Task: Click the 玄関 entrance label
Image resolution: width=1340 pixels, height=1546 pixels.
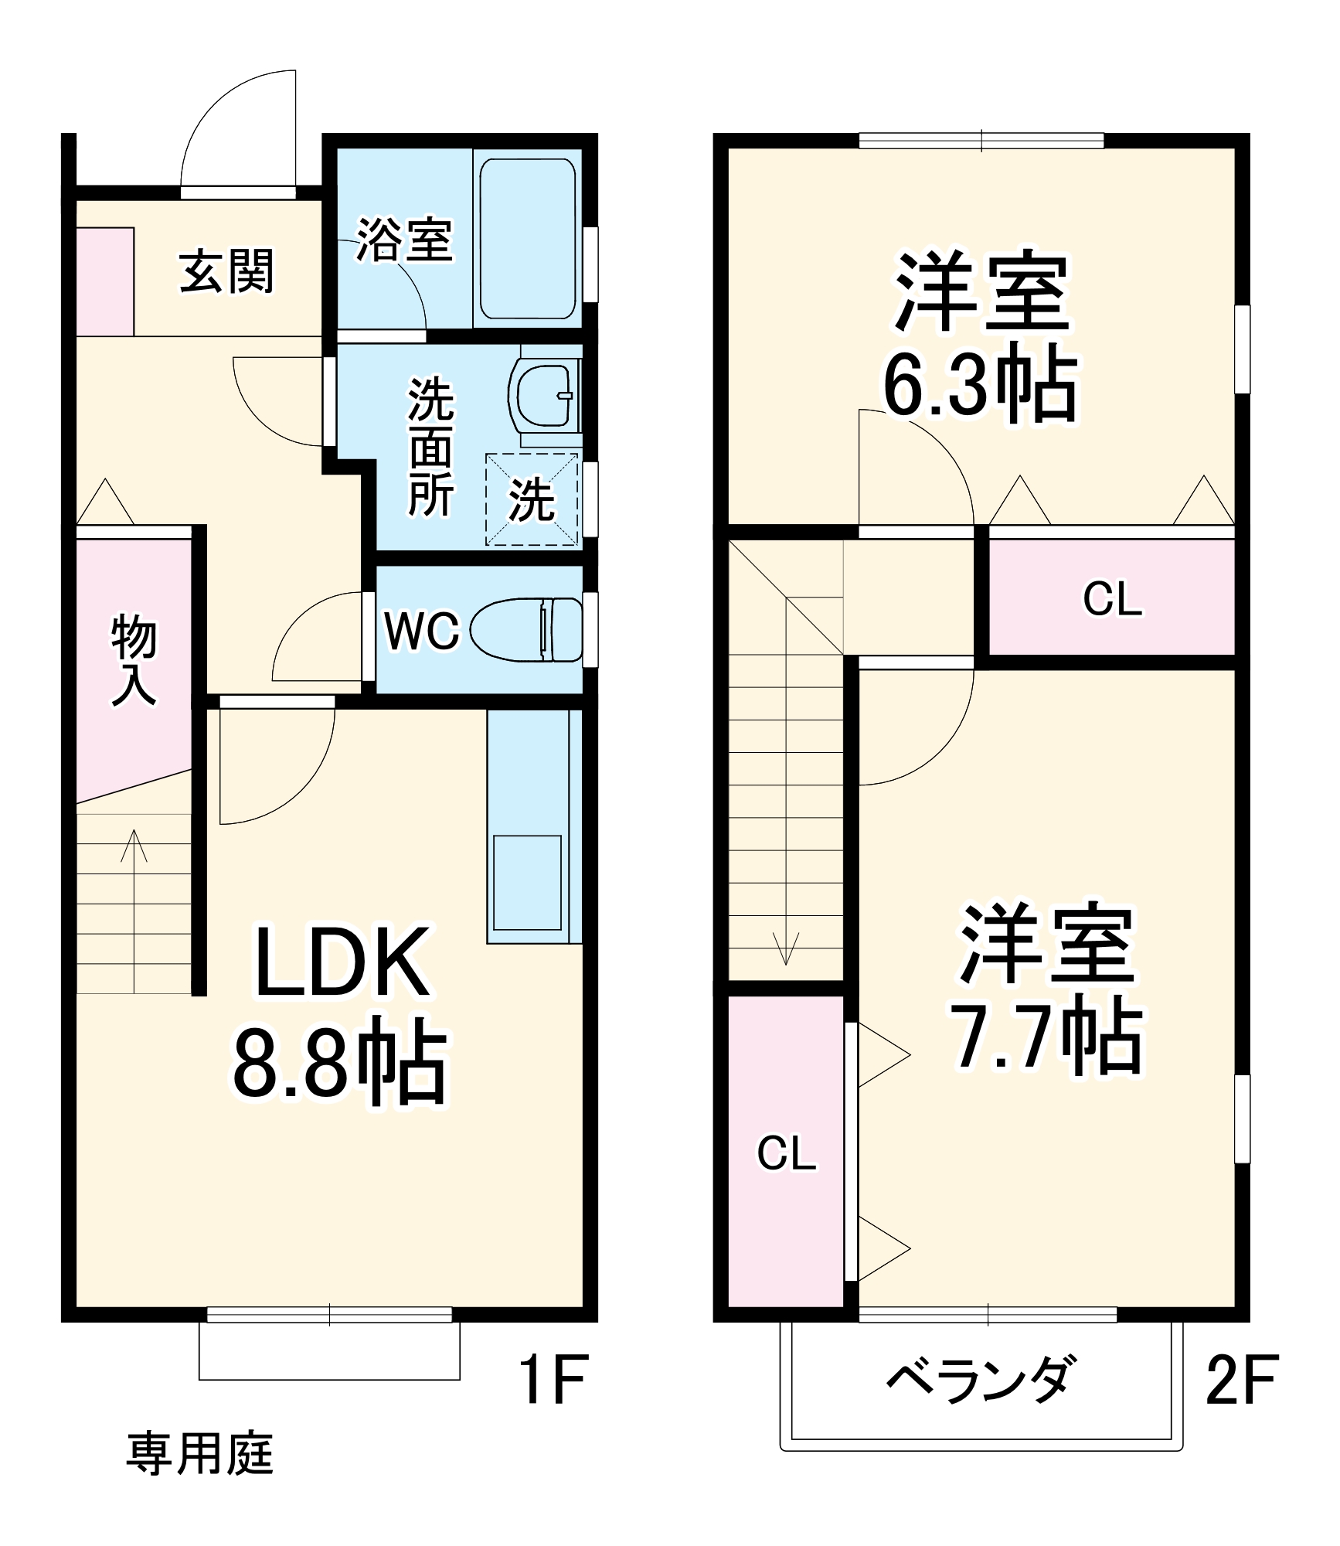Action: [226, 271]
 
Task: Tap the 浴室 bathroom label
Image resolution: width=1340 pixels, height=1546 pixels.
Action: [404, 240]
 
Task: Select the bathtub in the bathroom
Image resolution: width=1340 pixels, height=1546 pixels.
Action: [528, 239]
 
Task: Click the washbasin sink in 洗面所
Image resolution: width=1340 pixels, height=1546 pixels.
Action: [544, 395]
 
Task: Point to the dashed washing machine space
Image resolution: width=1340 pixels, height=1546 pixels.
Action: [532, 499]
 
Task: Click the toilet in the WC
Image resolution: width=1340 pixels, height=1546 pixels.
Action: [527, 630]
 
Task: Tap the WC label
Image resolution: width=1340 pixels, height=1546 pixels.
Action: [422, 632]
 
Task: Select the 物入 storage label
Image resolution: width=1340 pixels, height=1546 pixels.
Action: [134, 659]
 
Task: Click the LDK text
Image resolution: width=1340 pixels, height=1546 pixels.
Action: [342, 962]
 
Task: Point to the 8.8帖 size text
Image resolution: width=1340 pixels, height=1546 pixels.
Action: [340, 1061]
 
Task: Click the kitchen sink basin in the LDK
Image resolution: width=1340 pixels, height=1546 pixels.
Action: [527, 882]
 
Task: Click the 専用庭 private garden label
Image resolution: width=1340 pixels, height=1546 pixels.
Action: [200, 1453]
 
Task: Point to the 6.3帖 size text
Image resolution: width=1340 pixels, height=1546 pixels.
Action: [980, 385]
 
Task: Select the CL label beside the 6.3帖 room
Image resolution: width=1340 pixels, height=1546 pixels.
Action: [1112, 599]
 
